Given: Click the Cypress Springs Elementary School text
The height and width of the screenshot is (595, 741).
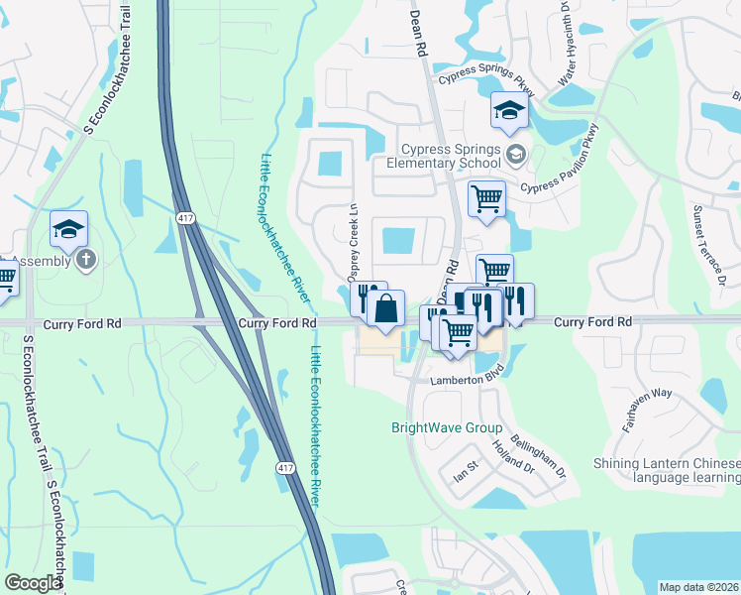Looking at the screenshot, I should coord(442,155).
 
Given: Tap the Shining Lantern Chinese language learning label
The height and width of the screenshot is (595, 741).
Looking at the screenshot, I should coord(666,470).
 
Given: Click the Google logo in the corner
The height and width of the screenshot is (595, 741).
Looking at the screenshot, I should coord(33,582).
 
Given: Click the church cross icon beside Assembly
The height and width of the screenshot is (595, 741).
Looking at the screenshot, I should coord(86,260).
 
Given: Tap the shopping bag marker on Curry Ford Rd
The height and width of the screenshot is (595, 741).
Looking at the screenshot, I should coord(385,308).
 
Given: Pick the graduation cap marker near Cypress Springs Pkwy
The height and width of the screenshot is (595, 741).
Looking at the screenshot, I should coord(509,110).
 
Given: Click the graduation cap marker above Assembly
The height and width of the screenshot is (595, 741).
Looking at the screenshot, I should coord(68,229).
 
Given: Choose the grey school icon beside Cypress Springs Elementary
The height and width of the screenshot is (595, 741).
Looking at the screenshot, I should coord(514,154).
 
